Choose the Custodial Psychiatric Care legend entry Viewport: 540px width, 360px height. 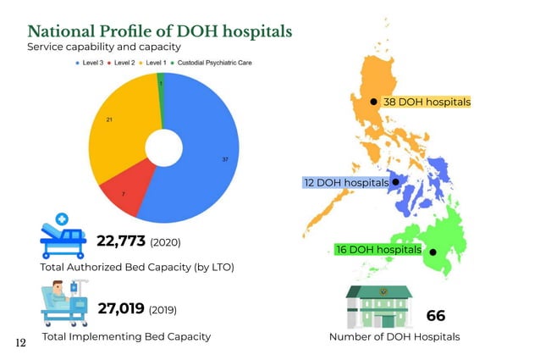click(212, 64)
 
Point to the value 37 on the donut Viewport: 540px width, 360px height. click(224, 159)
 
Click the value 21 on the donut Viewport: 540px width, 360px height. click(109, 120)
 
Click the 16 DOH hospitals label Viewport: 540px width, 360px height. click(378, 250)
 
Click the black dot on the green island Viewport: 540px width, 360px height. click(433, 252)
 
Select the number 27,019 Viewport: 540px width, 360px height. click(122, 308)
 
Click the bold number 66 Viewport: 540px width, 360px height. click(435, 316)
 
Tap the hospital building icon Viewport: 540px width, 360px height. click(378, 306)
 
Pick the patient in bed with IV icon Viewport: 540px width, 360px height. click(64, 304)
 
